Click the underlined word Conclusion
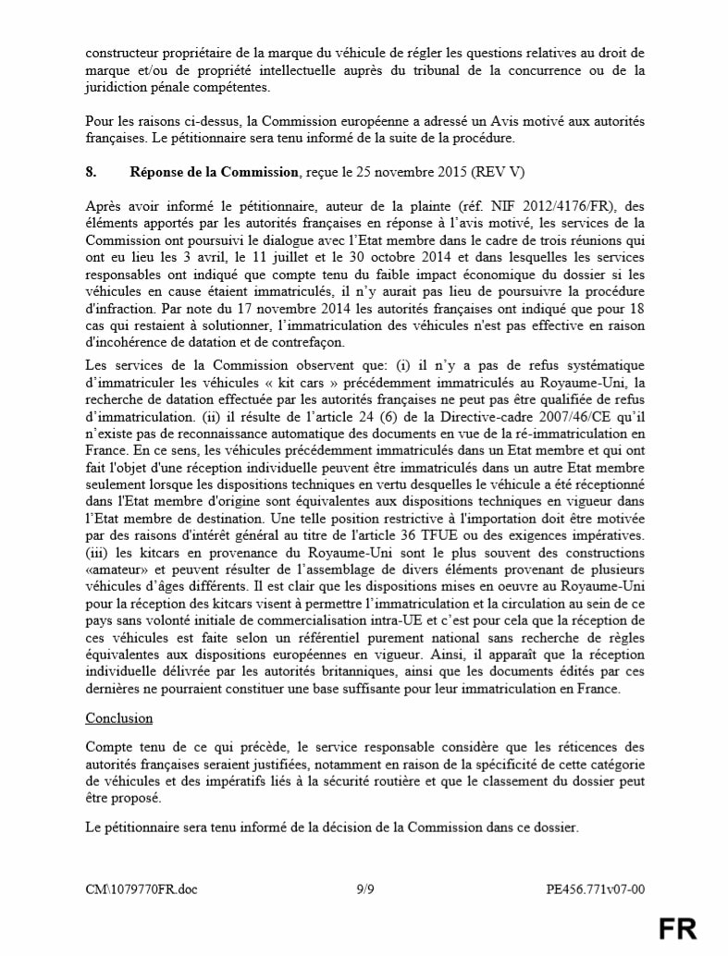click(x=119, y=718)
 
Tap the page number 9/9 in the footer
click(x=367, y=890)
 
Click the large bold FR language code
click(x=678, y=928)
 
